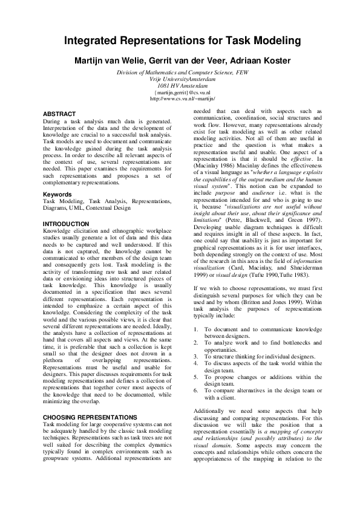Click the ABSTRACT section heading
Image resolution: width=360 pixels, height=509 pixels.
(59, 114)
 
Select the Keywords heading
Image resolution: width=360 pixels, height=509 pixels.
(57, 194)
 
